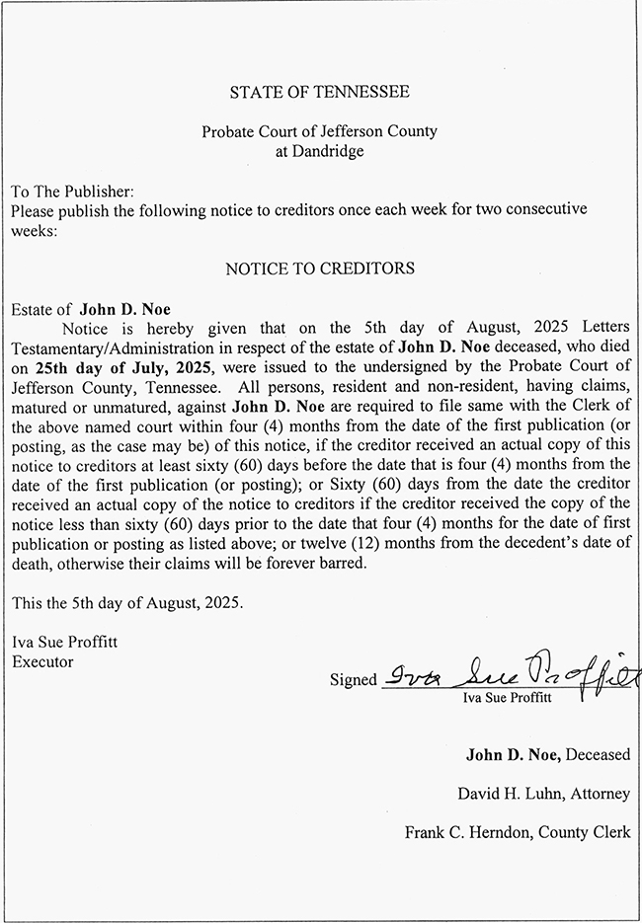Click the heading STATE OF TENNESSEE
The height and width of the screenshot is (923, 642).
319,93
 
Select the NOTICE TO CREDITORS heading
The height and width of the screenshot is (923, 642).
319,269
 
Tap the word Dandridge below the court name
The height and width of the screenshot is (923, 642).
319,151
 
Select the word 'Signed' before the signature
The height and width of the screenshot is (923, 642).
353,679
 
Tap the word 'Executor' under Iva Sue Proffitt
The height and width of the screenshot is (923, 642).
41,661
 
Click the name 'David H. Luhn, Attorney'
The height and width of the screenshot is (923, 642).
542,793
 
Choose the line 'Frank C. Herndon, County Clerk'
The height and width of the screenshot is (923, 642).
517,832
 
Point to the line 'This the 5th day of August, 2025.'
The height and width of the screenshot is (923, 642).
126,601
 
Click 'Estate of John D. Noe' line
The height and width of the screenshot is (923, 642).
90,309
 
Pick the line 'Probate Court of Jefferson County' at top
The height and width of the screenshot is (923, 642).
319,131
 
